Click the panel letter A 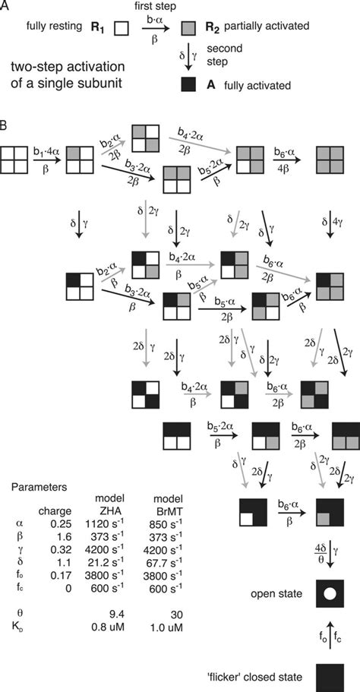click(5, 6)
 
